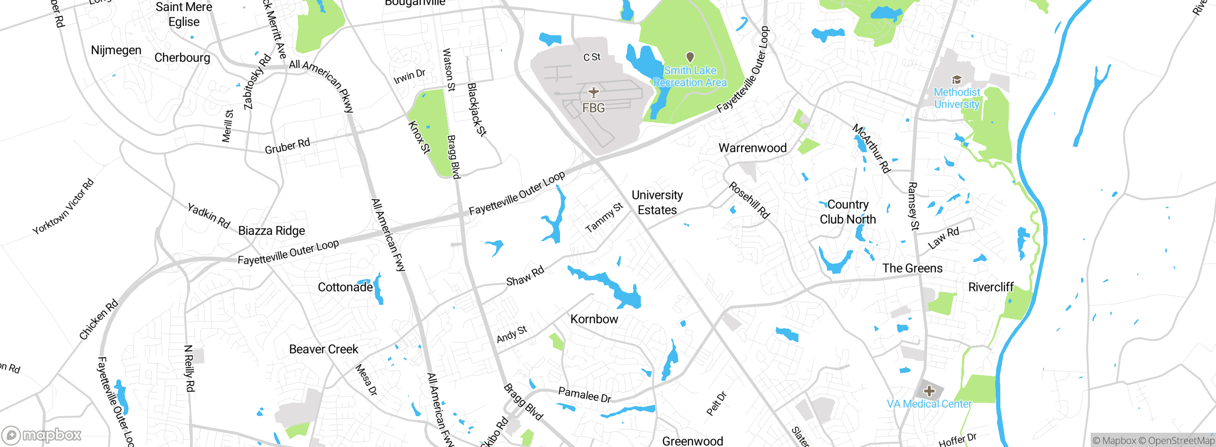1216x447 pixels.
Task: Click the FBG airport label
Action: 594,108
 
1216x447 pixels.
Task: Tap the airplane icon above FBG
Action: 594,92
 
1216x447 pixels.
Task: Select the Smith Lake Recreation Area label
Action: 690,77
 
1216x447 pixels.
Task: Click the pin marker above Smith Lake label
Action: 690,58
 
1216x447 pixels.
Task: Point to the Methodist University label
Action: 957,98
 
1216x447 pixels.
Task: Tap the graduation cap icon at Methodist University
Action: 957,79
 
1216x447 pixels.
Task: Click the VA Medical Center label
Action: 929,404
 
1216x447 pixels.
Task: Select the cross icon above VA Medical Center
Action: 930,391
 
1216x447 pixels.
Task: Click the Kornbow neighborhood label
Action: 594,319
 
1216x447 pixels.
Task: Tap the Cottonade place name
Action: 345,287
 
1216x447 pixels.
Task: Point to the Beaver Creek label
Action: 323,350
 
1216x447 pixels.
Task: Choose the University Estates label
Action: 657,203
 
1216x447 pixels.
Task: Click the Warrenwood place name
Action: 752,148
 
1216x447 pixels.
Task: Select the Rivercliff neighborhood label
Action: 991,287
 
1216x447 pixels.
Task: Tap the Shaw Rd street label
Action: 525,276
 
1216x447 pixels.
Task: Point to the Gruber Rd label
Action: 287,146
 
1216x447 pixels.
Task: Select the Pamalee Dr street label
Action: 585,395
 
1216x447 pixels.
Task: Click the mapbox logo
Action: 42,435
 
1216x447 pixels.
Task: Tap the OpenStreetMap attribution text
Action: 1177,441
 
